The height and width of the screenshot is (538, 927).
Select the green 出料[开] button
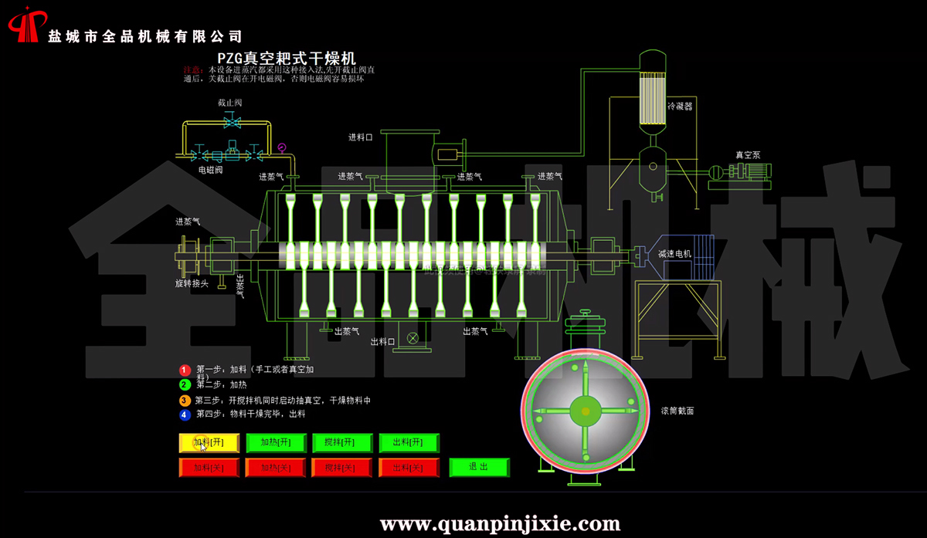[409, 443]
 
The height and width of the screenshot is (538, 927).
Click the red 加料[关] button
[209, 468]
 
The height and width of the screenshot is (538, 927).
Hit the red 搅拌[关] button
[342, 468]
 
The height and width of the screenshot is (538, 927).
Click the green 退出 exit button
[480, 467]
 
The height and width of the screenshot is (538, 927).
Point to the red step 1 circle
[185, 371]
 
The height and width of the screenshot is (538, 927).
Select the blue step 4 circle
[185, 414]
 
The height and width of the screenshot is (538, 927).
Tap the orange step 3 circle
[185, 401]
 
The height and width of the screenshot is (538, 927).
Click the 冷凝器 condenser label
[680, 107]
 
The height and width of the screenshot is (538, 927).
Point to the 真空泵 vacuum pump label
[748, 155]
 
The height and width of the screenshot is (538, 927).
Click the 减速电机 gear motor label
[675, 254]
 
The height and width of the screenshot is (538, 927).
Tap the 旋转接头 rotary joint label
[191, 283]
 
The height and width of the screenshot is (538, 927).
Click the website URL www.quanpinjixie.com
[501, 525]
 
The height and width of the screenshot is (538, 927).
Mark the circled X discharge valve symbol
[413, 337]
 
